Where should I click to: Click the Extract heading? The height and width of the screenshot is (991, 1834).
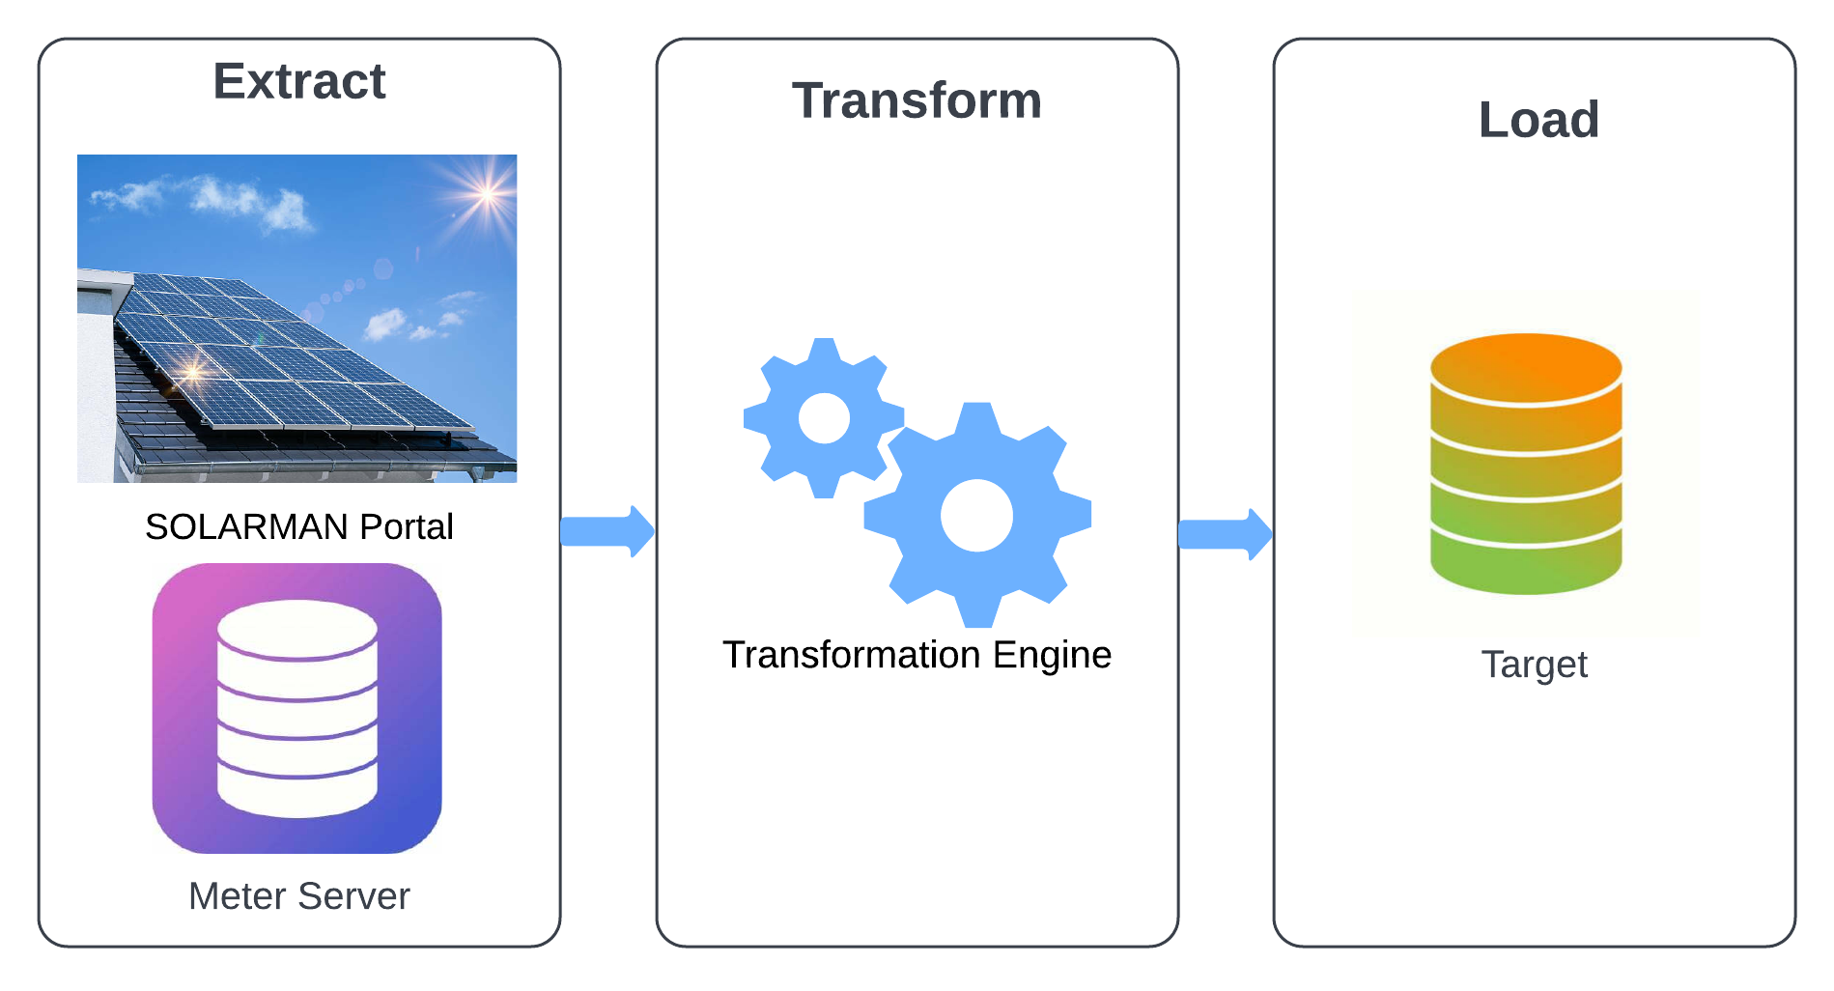coord(299,81)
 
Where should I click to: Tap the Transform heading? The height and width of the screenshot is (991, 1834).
coord(917,100)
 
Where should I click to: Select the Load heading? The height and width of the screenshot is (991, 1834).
coord(1538,120)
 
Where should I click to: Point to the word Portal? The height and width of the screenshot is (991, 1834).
coord(406,526)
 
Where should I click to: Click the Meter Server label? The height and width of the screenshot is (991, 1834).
coord(299,896)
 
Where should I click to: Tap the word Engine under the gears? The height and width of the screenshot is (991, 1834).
coord(1052,656)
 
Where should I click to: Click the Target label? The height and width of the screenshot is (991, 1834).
coord(1535,665)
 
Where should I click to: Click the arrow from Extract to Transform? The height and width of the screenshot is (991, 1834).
coord(607,531)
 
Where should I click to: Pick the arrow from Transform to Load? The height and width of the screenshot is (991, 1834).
coord(1226,534)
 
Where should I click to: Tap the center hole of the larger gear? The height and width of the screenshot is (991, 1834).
coord(976,516)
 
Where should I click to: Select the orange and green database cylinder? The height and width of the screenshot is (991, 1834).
coord(1526,464)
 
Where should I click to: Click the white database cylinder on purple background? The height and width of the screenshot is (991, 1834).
coord(297,708)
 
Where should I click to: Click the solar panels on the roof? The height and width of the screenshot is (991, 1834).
coord(290,357)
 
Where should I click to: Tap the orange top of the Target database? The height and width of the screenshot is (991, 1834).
coord(1526,367)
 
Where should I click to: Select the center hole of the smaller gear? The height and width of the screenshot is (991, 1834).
coord(824,418)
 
